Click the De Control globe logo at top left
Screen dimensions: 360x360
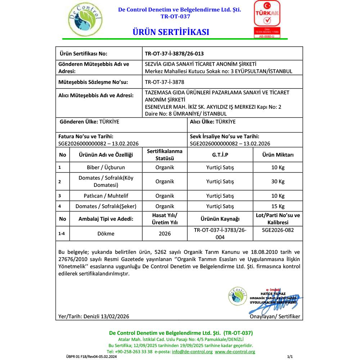[85, 20]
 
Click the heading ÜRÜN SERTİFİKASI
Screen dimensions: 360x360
[171, 32]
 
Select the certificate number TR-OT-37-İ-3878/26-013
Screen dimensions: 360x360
[174, 54]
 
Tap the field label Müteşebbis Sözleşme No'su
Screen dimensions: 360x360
[93, 82]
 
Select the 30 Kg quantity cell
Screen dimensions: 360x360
[278, 181]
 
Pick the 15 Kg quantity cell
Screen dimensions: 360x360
[278, 206]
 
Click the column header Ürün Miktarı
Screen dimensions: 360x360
[278, 155]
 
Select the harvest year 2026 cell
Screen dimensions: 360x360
[165, 233]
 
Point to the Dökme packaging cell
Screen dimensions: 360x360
[106, 233]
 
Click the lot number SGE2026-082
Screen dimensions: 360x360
[278, 230]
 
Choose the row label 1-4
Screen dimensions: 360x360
[62, 233]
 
